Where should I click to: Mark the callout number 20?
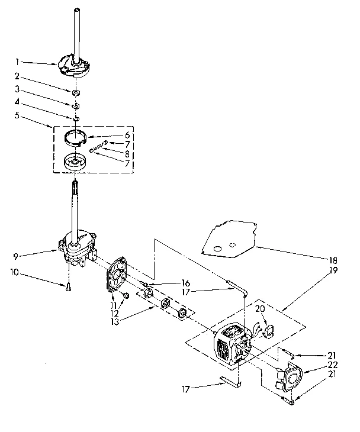coord(259,308)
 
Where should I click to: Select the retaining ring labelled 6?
coord(75,137)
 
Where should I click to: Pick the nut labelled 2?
coord(76,92)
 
